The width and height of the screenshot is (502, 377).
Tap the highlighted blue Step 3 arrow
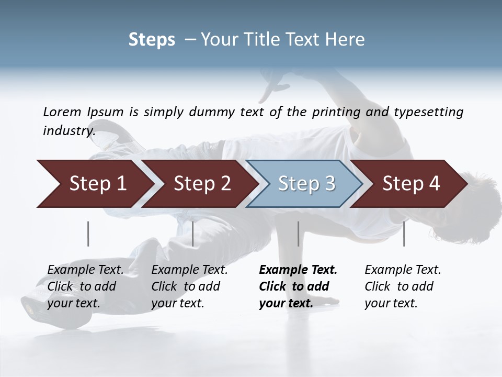pyautogui.click(x=306, y=184)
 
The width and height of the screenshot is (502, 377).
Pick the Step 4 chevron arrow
pyautogui.click(x=411, y=184)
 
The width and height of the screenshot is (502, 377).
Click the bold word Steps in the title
pyautogui.click(x=152, y=40)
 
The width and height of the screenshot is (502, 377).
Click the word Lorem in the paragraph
pyautogui.click(x=62, y=112)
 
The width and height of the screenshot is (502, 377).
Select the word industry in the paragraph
pyautogui.click(x=69, y=130)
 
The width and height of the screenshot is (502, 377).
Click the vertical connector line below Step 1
pyautogui.click(x=88, y=234)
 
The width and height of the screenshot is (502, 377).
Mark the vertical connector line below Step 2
pyautogui.click(x=193, y=234)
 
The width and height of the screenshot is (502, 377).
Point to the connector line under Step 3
pyautogui.click(x=298, y=234)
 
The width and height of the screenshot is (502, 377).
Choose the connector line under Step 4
pyautogui.click(x=404, y=234)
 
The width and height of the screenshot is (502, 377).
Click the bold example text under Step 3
pyautogui.click(x=298, y=286)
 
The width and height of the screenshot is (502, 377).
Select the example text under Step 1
pyautogui.click(x=85, y=286)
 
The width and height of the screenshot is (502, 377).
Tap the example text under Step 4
pyautogui.click(x=403, y=286)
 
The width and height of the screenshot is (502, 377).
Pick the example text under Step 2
pyautogui.click(x=189, y=286)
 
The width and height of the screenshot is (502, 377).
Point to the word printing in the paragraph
pyautogui.click(x=336, y=112)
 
